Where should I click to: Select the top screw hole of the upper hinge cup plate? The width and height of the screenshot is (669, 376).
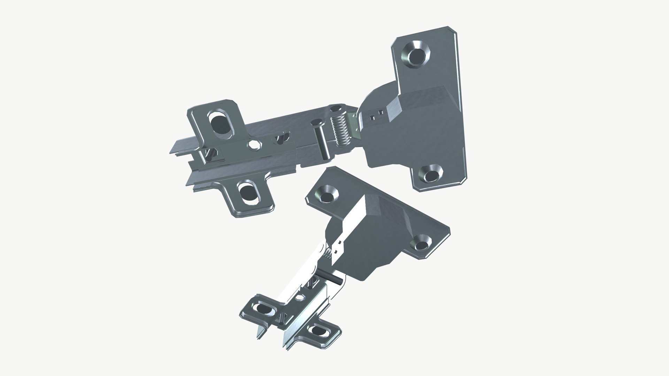click(x=417, y=55)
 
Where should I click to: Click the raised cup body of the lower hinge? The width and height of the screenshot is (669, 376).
click(x=369, y=230)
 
